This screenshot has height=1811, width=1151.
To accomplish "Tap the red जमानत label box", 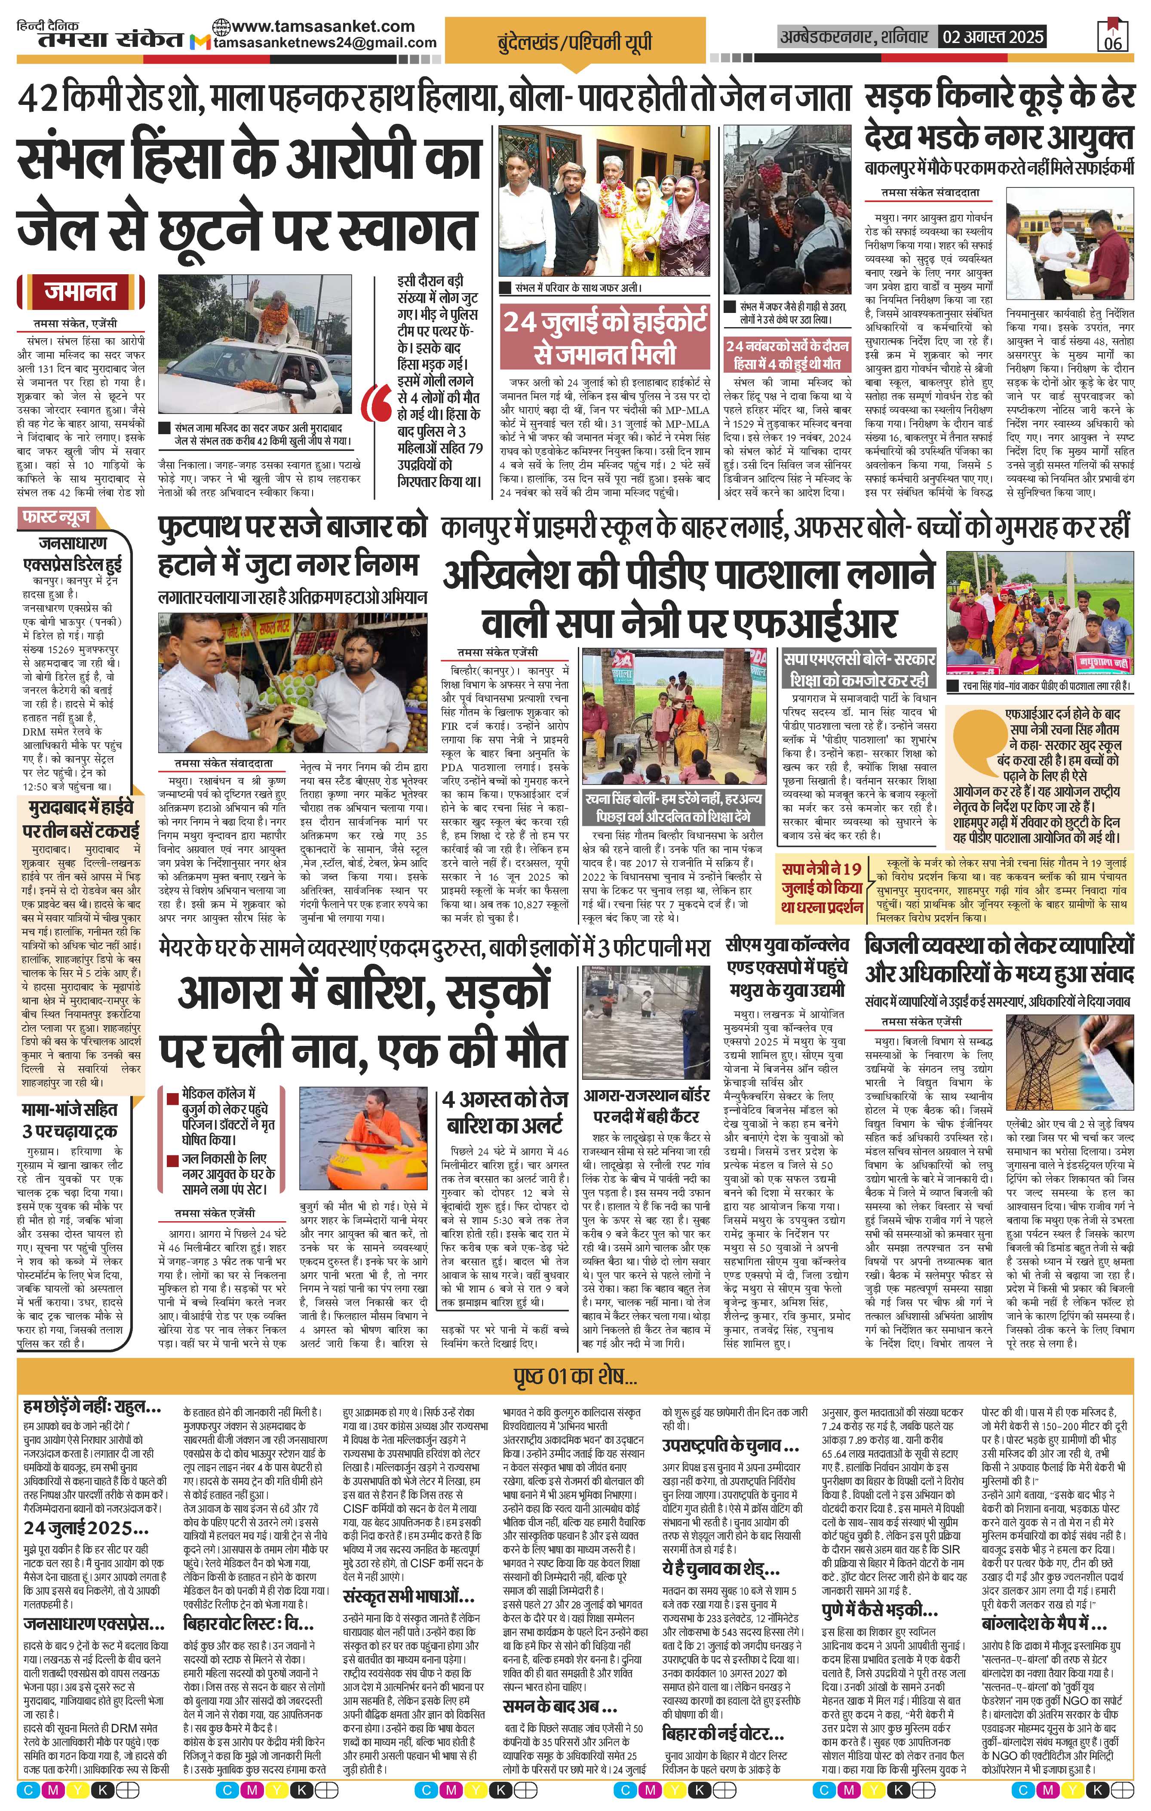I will [x=79, y=292].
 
